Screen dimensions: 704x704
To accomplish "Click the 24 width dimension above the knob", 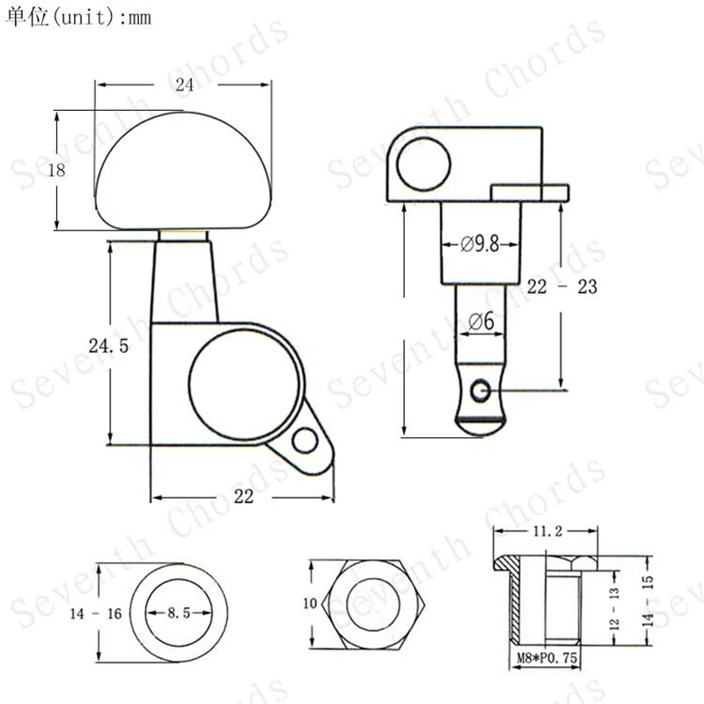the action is tap(185, 84).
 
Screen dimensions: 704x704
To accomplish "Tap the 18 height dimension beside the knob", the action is tap(56, 170).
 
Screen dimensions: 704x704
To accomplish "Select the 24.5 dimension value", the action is tap(108, 346).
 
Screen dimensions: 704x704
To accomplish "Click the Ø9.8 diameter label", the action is tap(480, 244).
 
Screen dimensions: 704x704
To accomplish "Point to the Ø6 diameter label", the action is tap(480, 321).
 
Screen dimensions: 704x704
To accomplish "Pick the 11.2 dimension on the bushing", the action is tap(547, 532).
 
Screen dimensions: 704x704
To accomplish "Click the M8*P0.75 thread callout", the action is tap(546, 657).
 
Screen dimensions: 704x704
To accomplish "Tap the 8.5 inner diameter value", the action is tap(179, 612).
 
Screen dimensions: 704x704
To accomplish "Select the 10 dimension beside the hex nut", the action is tap(311, 604).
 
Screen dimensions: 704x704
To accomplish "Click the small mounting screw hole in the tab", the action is tap(305, 440).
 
